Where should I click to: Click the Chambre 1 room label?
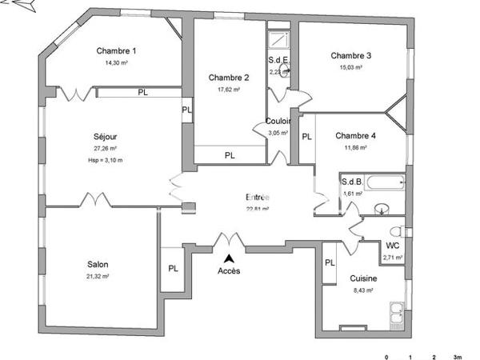point(116,51)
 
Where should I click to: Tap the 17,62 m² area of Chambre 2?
point(230,90)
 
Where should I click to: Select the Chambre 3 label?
point(351,55)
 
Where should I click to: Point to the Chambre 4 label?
point(355,135)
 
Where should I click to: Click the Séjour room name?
point(105,137)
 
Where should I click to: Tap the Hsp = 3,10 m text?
point(105,160)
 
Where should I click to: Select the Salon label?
point(98,265)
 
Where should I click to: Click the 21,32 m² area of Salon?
point(98,277)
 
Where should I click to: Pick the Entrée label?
point(257,198)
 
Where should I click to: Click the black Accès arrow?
point(230,258)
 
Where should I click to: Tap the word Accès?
point(229,270)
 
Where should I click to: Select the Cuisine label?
point(363,278)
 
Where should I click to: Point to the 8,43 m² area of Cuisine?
point(363,291)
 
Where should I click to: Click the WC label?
point(393,246)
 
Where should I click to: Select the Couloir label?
point(278,122)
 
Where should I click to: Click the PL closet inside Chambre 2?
point(230,155)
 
